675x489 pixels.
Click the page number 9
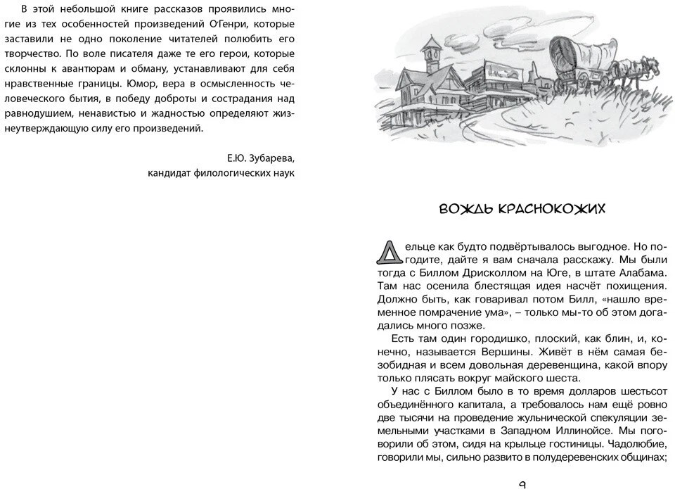click(x=522, y=484)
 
